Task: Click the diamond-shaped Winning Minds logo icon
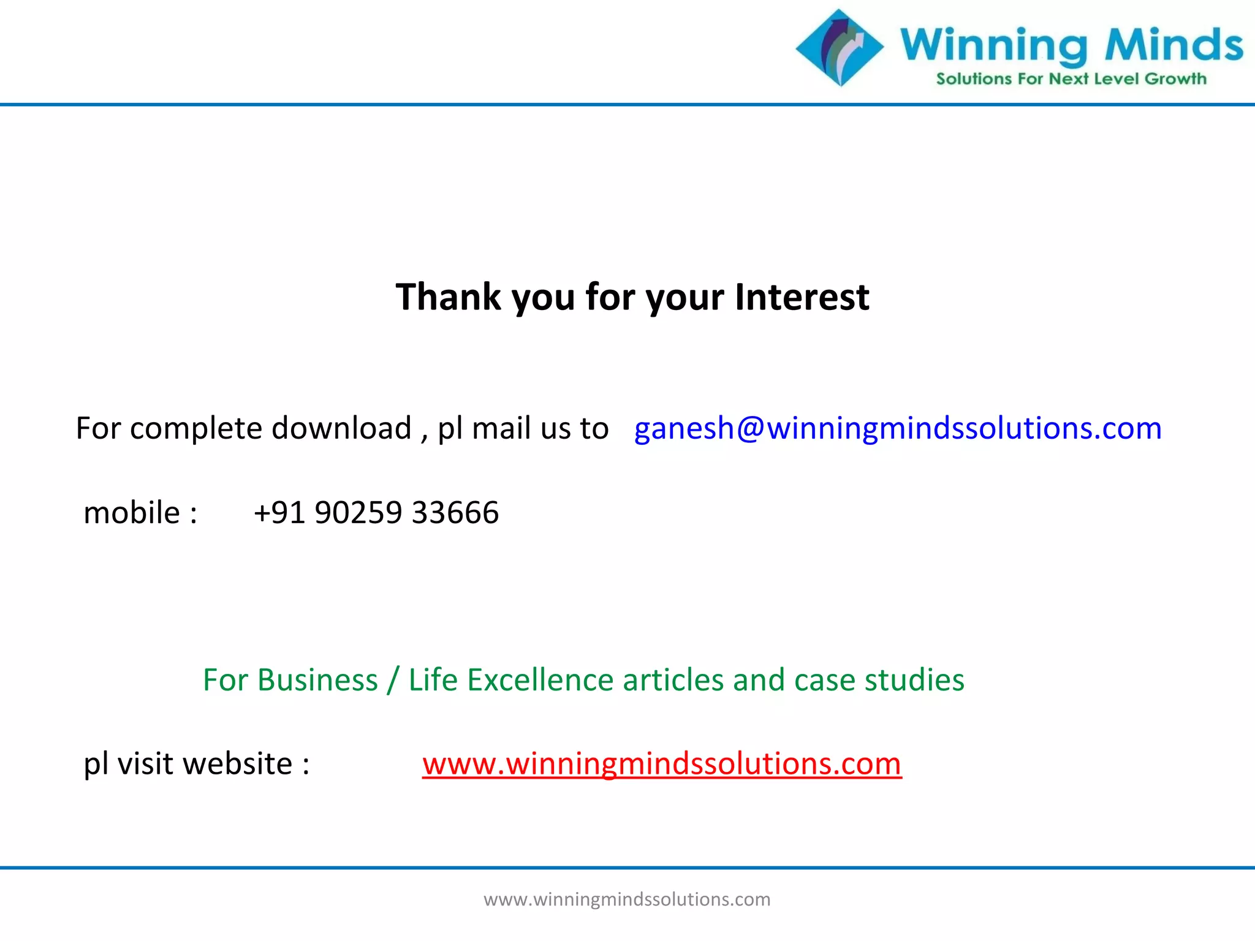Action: [x=840, y=48]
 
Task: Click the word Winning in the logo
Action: [x=993, y=45]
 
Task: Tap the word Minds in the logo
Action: [x=1173, y=45]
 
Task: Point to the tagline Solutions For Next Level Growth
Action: [x=1071, y=79]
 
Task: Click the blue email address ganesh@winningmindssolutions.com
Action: [x=898, y=428]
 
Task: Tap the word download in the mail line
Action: [x=341, y=428]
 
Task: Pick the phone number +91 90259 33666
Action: [x=376, y=513]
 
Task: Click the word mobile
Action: [x=132, y=513]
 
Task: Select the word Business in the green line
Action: [x=317, y=680]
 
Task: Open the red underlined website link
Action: [x=662, y=764]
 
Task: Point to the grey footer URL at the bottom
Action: [x=627, y=899]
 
